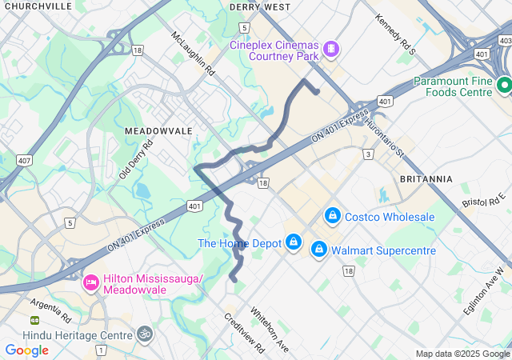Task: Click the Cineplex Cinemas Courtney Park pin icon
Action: click(x=330, y=50)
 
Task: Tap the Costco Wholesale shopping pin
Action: click(x=332, y=216)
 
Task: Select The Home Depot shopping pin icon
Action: click(x=294, y=242)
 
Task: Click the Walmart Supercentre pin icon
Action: click(x=319, y=250)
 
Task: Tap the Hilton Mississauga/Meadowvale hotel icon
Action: click(x=90, y=282)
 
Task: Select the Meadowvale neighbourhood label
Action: click(x=158, y=130)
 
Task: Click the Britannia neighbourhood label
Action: click(x=426, y=178)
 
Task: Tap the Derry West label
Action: click(x=259, y=6)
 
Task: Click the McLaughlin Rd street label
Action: click(x=194, y=54)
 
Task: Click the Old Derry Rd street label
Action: click(x=135, y=161)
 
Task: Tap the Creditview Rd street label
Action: click(x=245, y=333)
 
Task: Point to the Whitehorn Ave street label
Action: click(x=270, y=329)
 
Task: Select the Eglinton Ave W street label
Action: click(x=485, y=291)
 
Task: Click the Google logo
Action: click(x=26, y=350)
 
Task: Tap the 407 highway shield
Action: click(x=23, y=161)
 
